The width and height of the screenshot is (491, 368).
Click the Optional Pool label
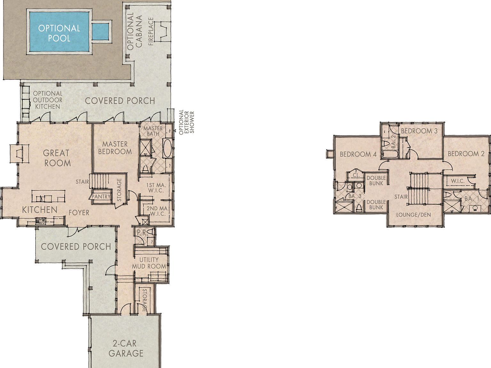coord(59,33)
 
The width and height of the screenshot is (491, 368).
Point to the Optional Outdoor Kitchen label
coord(48,100)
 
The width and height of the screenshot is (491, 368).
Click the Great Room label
coord(57,158)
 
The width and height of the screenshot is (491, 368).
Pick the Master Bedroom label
coord(115,148)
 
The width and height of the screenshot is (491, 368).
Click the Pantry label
coord(101,196)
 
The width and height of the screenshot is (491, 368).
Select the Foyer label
coord(79,212)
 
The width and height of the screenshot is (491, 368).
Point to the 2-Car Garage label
coord(125,348)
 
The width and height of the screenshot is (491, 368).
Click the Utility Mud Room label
coord(149,263)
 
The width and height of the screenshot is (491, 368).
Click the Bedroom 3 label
coord(419,131)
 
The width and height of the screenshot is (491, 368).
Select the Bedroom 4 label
coord(358,154)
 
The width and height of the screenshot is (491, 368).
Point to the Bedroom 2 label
coord(466,154)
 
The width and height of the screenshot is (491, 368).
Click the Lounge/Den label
coord(413,215)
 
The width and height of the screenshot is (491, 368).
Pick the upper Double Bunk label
coord(376,180)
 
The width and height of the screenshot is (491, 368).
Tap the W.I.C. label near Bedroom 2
coord(457,181)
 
